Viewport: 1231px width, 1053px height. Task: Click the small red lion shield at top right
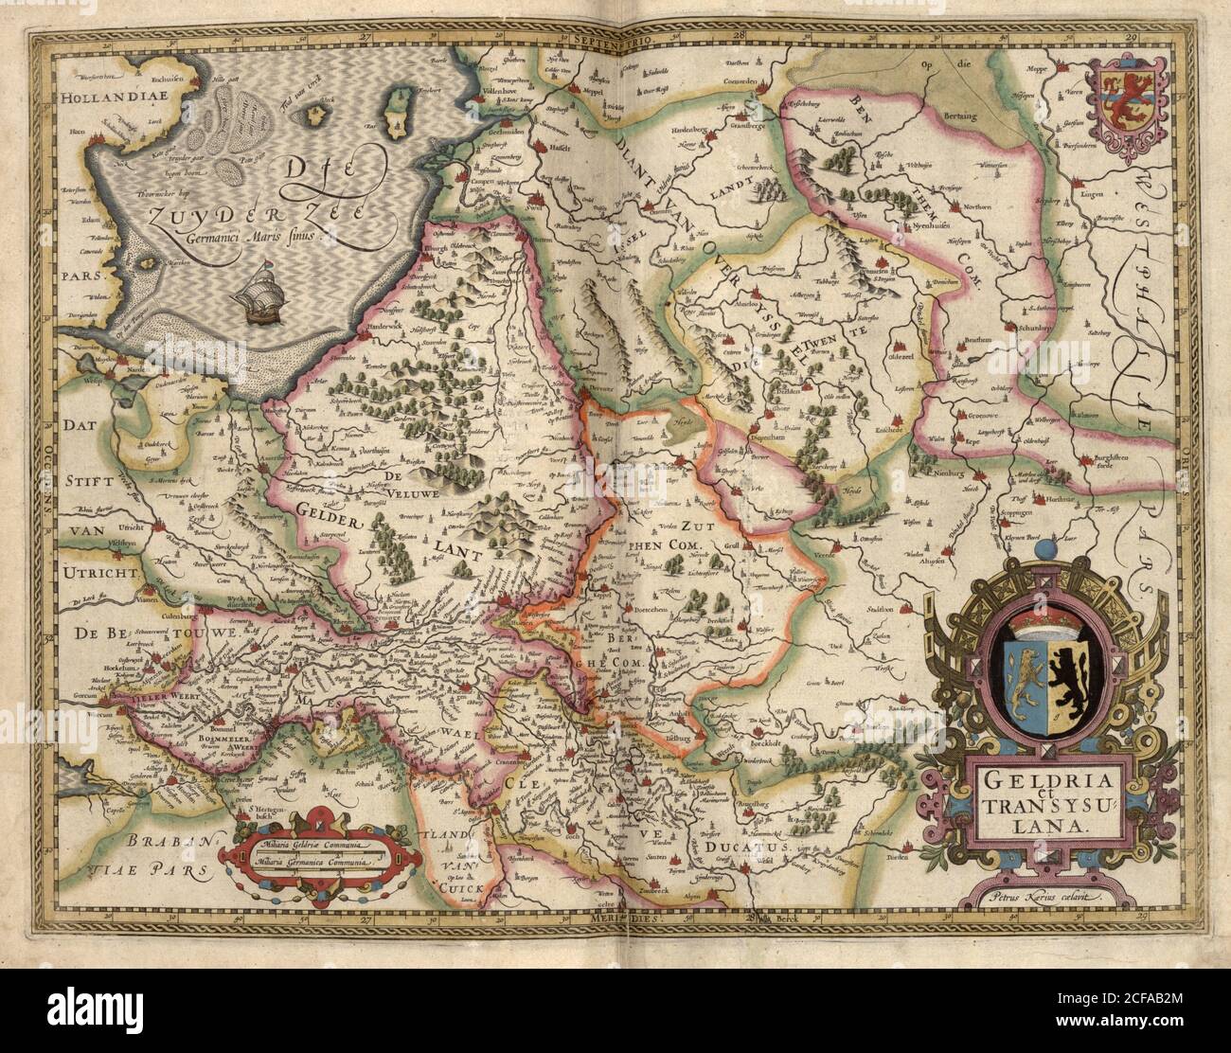pyautogui.click(x=1124, y=98)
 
